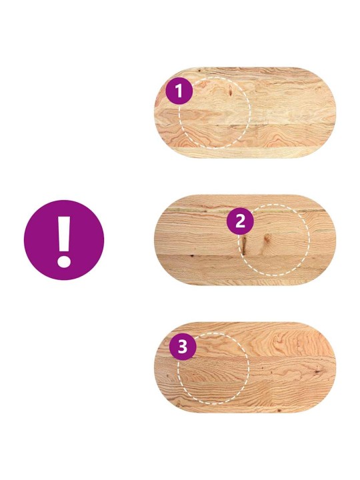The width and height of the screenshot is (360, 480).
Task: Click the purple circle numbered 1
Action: pyautogui.click(x=179, y=91)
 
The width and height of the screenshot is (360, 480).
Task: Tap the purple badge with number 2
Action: pyautogui.click(x=240, y=221)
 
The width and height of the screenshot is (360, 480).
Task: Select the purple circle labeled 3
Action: pyautogui.click(x=183, y=347)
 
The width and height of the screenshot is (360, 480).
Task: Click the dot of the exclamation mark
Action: pyautogui.click(x=64, y=261)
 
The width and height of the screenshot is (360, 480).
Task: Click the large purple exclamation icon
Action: pyautogui.click(x=64, y=240)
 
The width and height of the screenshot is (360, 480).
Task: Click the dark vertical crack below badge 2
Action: pyautogui.click(x=243, y=245)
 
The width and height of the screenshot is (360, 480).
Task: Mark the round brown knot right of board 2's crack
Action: pyautogui.click(x=267, y=238)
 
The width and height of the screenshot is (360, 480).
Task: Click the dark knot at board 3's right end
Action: pyautogui.click(x=318, y=371)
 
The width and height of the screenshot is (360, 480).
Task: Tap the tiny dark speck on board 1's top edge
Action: pyautogui.click(x=199, y=71)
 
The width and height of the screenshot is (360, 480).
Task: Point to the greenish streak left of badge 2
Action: pyautogui.click(x=196, y=210)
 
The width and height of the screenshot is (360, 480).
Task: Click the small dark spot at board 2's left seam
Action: pyautogui.click(x=191, y=255)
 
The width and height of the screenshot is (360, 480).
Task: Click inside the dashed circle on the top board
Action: pyautogui.click(x=214, y=113)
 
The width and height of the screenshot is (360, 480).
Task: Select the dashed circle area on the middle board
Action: pyautogui.click(x=274, y=240)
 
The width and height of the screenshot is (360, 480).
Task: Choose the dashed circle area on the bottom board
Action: pyautogui.click(x=213, y=368)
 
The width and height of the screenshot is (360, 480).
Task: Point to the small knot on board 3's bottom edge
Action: pyautogui.click(x=279, y=409)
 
